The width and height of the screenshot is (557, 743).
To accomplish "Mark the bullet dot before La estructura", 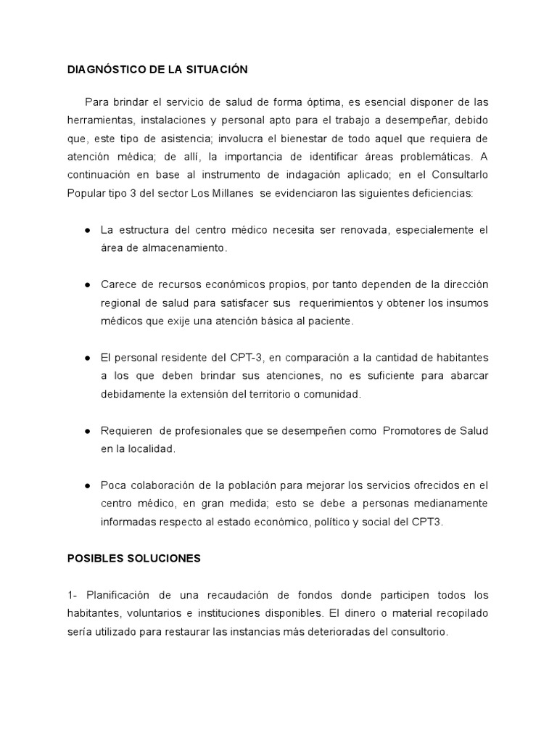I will pyautogui.click(x=87, y=230).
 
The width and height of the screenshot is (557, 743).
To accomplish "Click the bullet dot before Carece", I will pyautogui.click(x=87, y=284).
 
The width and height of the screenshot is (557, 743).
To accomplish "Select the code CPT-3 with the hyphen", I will pyautogui.click(x=248, y=358).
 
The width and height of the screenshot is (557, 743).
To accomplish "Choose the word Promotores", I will pyautogui.click(x=413, y=431).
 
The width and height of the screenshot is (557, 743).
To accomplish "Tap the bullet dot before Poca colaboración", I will pyautogui.click(x=87, y=485).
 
